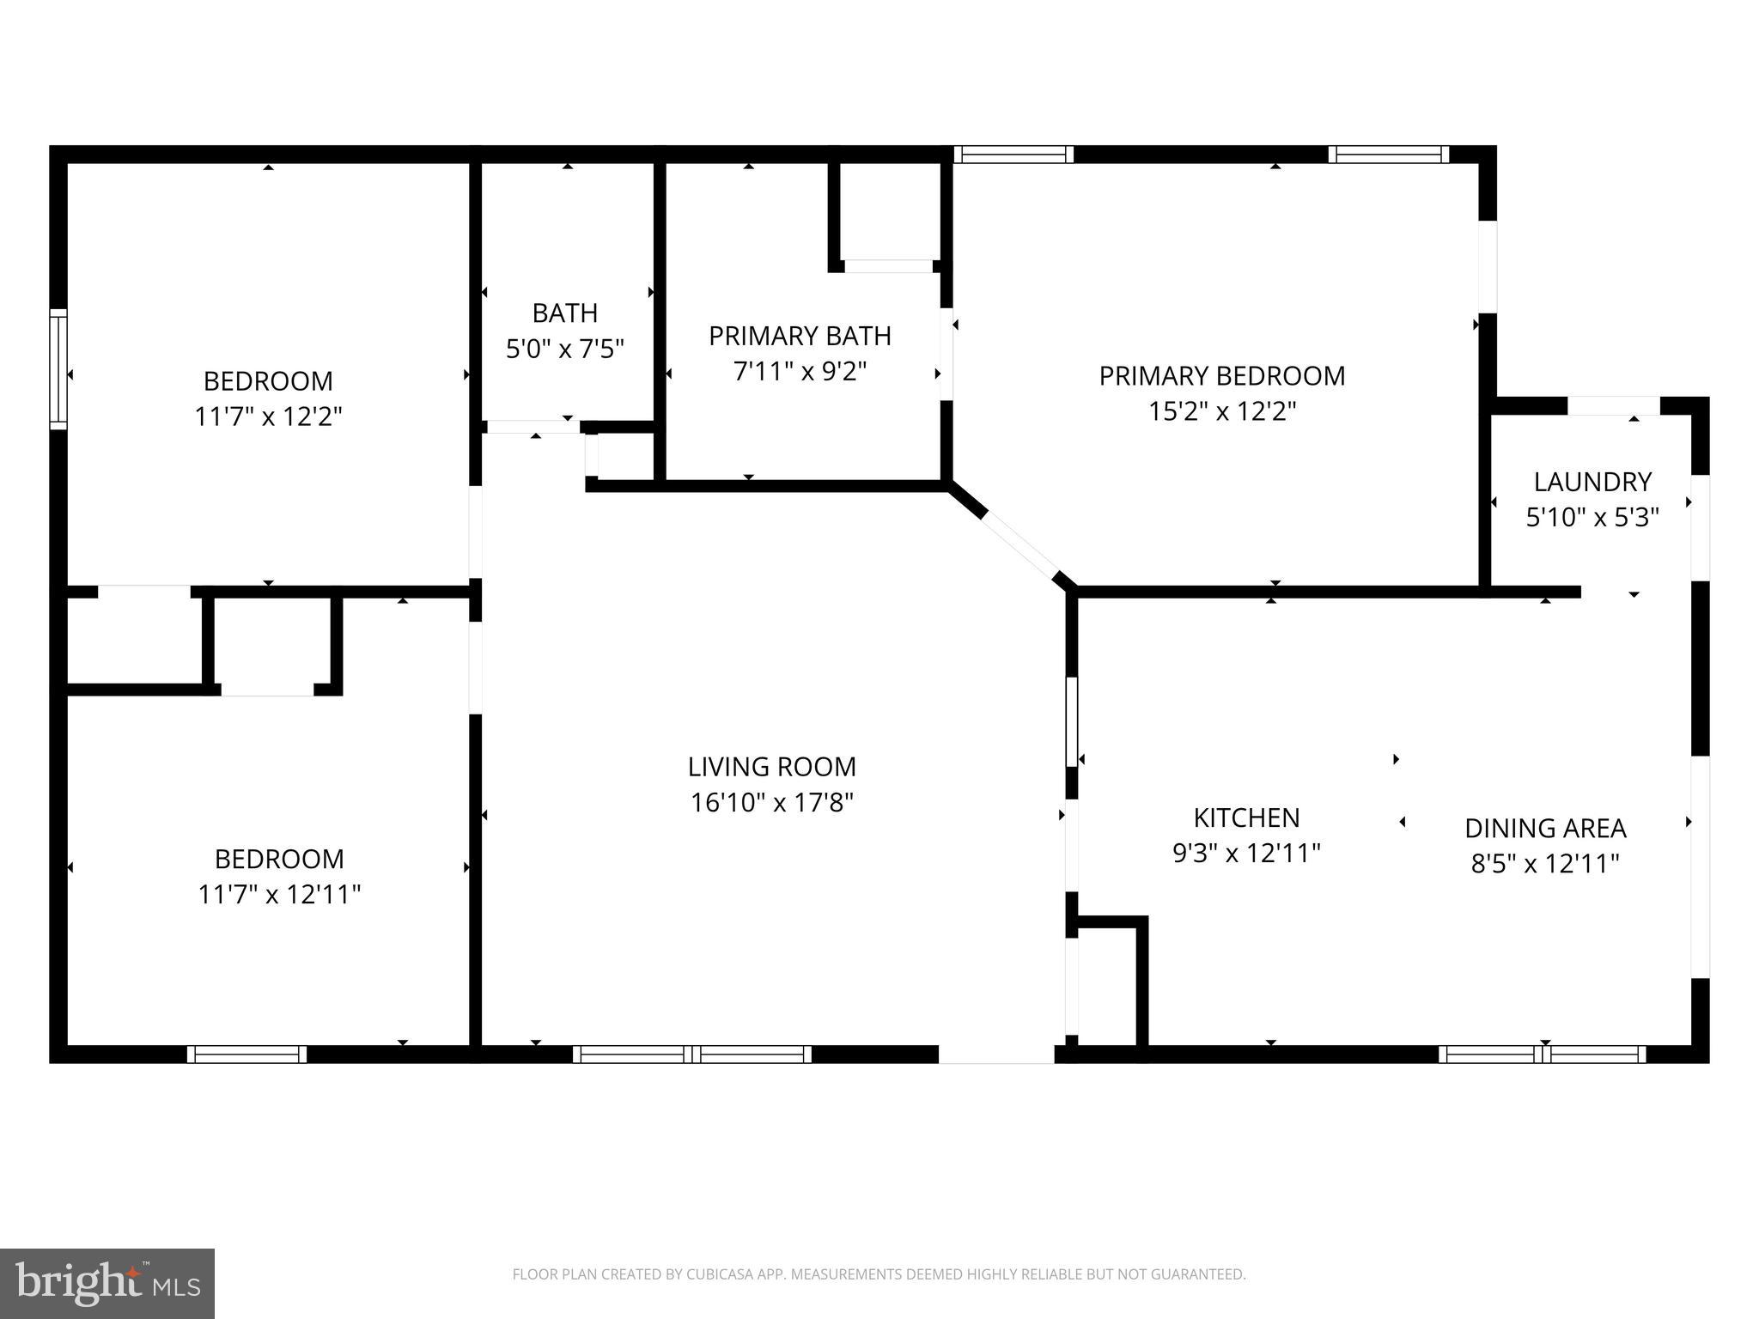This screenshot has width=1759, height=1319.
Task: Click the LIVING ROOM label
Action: point(771,766)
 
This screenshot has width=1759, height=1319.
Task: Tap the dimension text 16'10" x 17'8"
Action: point(771,803)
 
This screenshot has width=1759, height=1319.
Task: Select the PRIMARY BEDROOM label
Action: point(1221,375)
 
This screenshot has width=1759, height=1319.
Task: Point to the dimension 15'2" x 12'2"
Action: point(1221,411)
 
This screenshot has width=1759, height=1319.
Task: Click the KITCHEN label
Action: point(1246,817)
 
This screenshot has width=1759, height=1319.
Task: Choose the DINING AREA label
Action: point(1544,828)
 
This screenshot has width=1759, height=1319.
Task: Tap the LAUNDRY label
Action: point(1592,481)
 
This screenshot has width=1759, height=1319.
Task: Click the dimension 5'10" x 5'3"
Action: point(1592,517)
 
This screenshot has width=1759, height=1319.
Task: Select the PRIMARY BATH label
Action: point(799,336)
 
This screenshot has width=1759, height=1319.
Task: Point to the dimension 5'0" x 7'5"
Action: point(564,349)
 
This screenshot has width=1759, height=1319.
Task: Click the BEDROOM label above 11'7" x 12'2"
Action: point(268,380)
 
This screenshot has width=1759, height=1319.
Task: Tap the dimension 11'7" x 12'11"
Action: point(278,895)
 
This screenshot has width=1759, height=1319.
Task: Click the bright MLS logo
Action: point(107,1283)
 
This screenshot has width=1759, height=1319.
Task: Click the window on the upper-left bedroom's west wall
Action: point(58,369)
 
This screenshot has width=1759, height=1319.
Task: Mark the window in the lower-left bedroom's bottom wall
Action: point(247,1054)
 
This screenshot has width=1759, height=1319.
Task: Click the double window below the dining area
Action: point(1542,1054)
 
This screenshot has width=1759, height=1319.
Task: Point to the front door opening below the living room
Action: point(995,1054)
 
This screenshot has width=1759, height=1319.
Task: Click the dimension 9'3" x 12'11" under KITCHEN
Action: point(1246,853)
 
